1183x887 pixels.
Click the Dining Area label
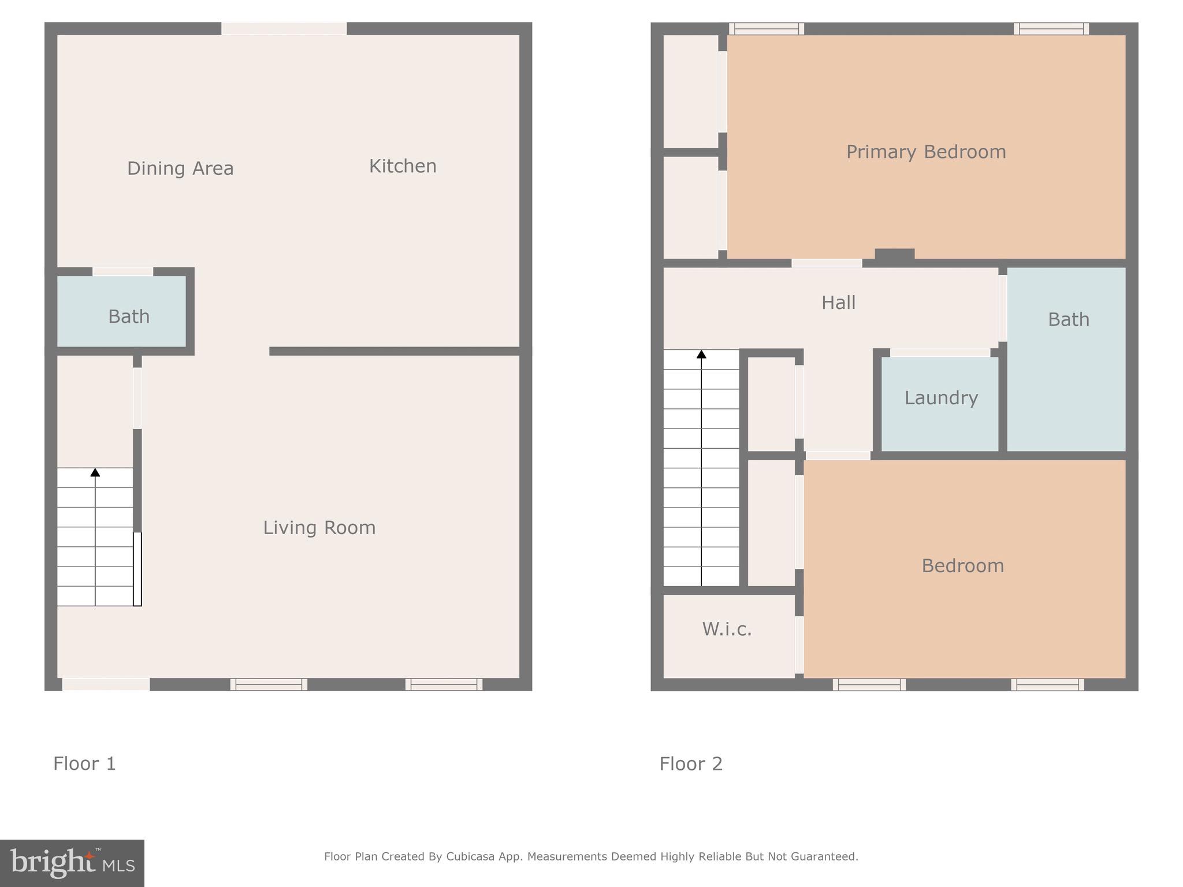pos(180,169)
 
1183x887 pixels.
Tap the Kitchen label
pos(403,166)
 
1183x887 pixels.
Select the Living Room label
pos(319,528)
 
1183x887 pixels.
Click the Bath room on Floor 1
pos(128,316)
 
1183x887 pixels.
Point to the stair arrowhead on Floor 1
pos(95,472)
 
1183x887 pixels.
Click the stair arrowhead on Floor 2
pos(701,354)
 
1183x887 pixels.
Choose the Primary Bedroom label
pos(926,152)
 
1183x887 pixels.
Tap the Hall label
pos(838,303)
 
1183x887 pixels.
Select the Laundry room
pos(940,398)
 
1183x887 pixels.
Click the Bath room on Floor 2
pos(1068,319)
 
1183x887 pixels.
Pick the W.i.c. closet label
pos(727,629)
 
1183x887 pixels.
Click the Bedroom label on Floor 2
pos(962,566)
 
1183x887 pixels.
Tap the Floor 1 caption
pos(84,764)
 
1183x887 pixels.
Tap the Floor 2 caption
pos(691,764)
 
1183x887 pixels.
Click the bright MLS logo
pos(72,863)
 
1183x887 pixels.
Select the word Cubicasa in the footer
pos(470,856)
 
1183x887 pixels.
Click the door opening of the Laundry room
pos(940,352)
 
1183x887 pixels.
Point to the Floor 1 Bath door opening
pos(123,271)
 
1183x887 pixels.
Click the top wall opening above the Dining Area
pos(284,28)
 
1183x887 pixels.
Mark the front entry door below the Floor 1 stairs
pos(106,685)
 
